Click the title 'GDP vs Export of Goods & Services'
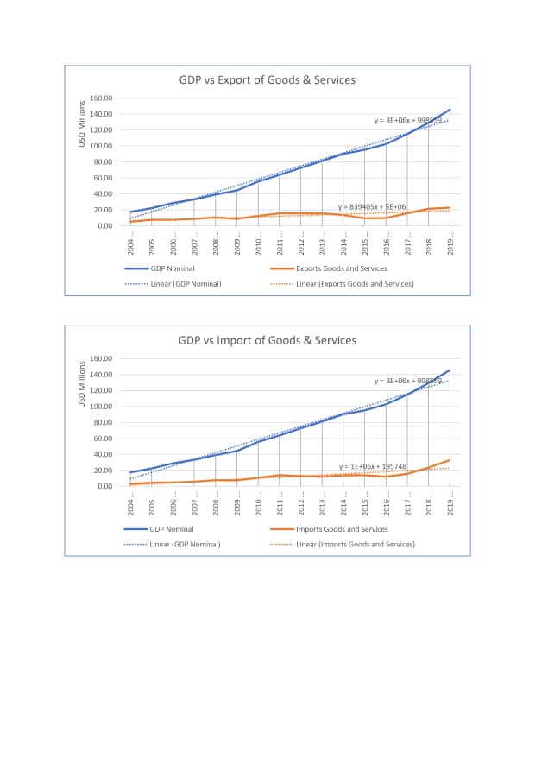pos(267,80)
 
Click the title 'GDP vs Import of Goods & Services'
pos(267,340)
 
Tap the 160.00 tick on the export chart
pos(102,98)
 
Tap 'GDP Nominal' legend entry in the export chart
pos(171,268)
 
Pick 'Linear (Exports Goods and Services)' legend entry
pos(355,283)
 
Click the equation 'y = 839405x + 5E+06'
pos(372,207)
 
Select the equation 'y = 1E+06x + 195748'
pos(373,466)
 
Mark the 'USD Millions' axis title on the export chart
pos(83,124)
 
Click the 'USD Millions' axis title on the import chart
pos(83,384)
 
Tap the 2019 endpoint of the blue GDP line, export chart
pos(450,110)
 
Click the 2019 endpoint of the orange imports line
pos(450,460)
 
